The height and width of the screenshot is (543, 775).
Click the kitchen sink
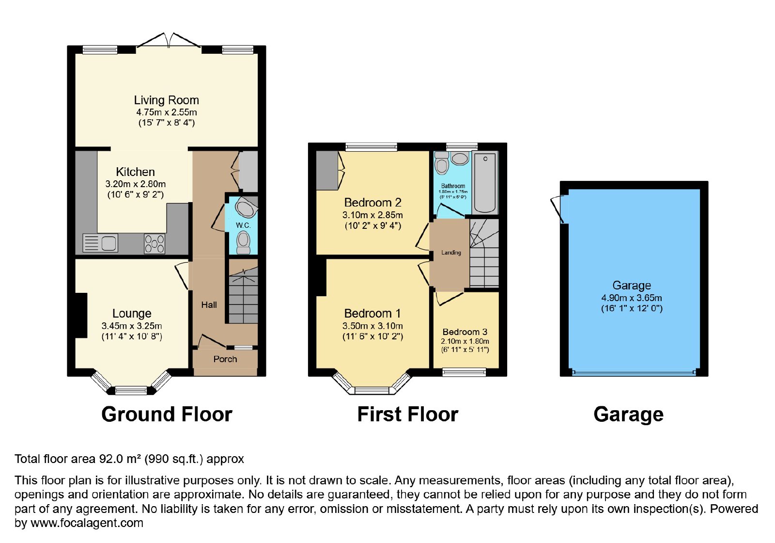pos(100,243)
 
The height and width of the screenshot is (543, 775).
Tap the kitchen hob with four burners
pos(155,244)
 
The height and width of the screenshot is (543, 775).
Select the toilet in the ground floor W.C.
pos(243,242)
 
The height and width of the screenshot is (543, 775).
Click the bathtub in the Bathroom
pos(485,183)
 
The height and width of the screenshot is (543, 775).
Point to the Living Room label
pos(167,100)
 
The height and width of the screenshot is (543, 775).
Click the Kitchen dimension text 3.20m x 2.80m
pos(136,184)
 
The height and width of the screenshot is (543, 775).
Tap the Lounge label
pos(132,313)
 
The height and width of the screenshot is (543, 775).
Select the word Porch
pos(225,359)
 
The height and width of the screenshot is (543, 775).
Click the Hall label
pos(209,305)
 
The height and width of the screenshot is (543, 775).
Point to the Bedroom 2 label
pos(372,202)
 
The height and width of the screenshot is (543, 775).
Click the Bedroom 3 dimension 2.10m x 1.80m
pos(465,341)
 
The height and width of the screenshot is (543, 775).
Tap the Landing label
pos(451,253)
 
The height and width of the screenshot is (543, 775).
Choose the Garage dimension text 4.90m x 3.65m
pos(632,298)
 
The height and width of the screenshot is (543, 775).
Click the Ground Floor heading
pos(167,414)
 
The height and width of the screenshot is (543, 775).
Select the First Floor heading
pos(407,414)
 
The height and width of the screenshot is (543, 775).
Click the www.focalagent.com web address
pos(87,523)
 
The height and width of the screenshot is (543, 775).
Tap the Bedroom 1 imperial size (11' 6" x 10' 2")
pos(372,336)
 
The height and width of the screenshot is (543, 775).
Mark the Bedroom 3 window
pos(465,373)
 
